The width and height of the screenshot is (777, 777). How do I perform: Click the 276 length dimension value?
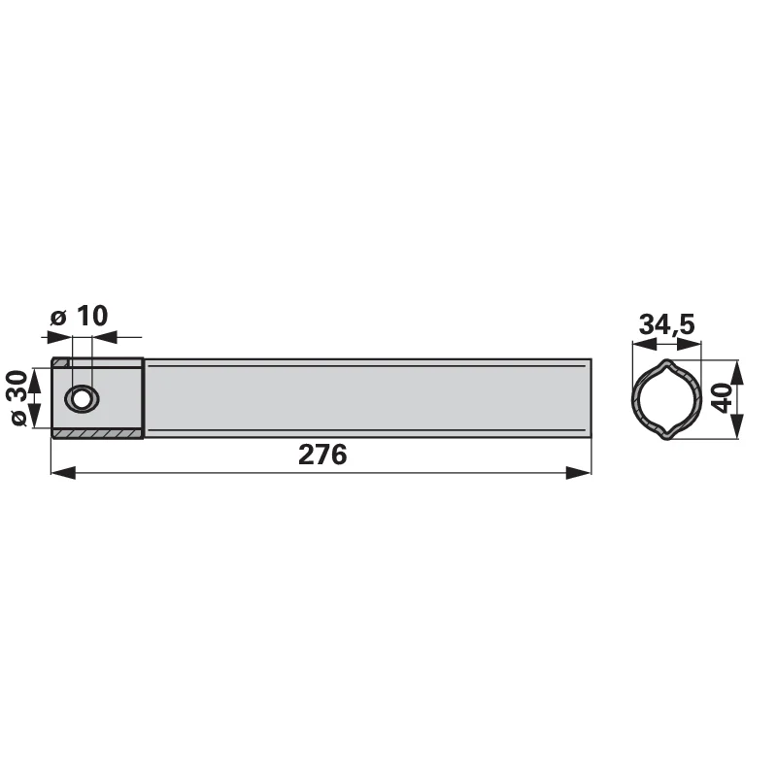click(322, 455)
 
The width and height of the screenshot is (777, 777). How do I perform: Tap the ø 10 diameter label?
click(80, 317)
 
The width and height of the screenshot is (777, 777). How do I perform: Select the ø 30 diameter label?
click(19, 397)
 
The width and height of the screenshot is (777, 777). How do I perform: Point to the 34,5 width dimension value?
click(667, 324)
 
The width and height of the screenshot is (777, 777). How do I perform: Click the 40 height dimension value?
click(723, 398)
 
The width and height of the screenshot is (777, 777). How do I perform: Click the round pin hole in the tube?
click(82, 398)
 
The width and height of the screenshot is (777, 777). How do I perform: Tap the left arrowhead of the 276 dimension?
click(63, 473)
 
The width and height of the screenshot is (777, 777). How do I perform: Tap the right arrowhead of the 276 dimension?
click(578, 473)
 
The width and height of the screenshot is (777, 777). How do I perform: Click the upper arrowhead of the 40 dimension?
click(738, 373)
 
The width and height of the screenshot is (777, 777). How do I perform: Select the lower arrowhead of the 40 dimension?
click(738, 426)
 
